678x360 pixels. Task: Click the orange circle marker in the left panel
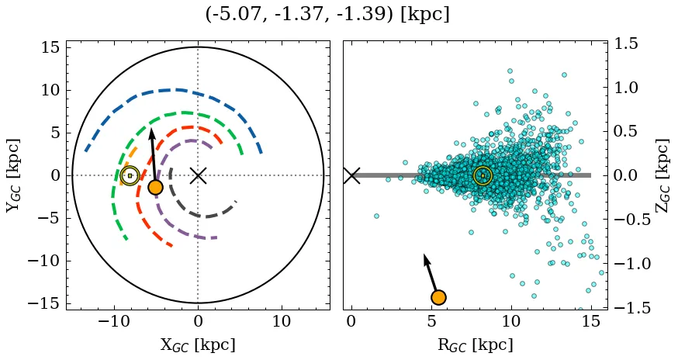(155, 187)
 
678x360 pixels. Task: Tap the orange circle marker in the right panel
(438, 297)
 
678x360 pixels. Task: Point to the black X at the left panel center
(198, 175)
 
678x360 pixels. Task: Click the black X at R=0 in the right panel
(351, 175)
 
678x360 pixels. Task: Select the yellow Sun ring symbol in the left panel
(130, 176)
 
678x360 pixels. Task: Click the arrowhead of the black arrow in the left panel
(152, 133)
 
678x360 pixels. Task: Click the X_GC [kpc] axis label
(198, 345)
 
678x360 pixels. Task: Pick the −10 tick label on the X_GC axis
(115, 322)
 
